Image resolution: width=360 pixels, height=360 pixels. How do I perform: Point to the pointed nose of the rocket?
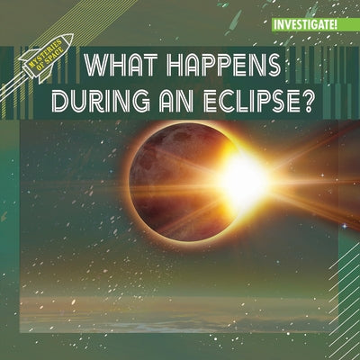pyautogui.click(x=68, y=38)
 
